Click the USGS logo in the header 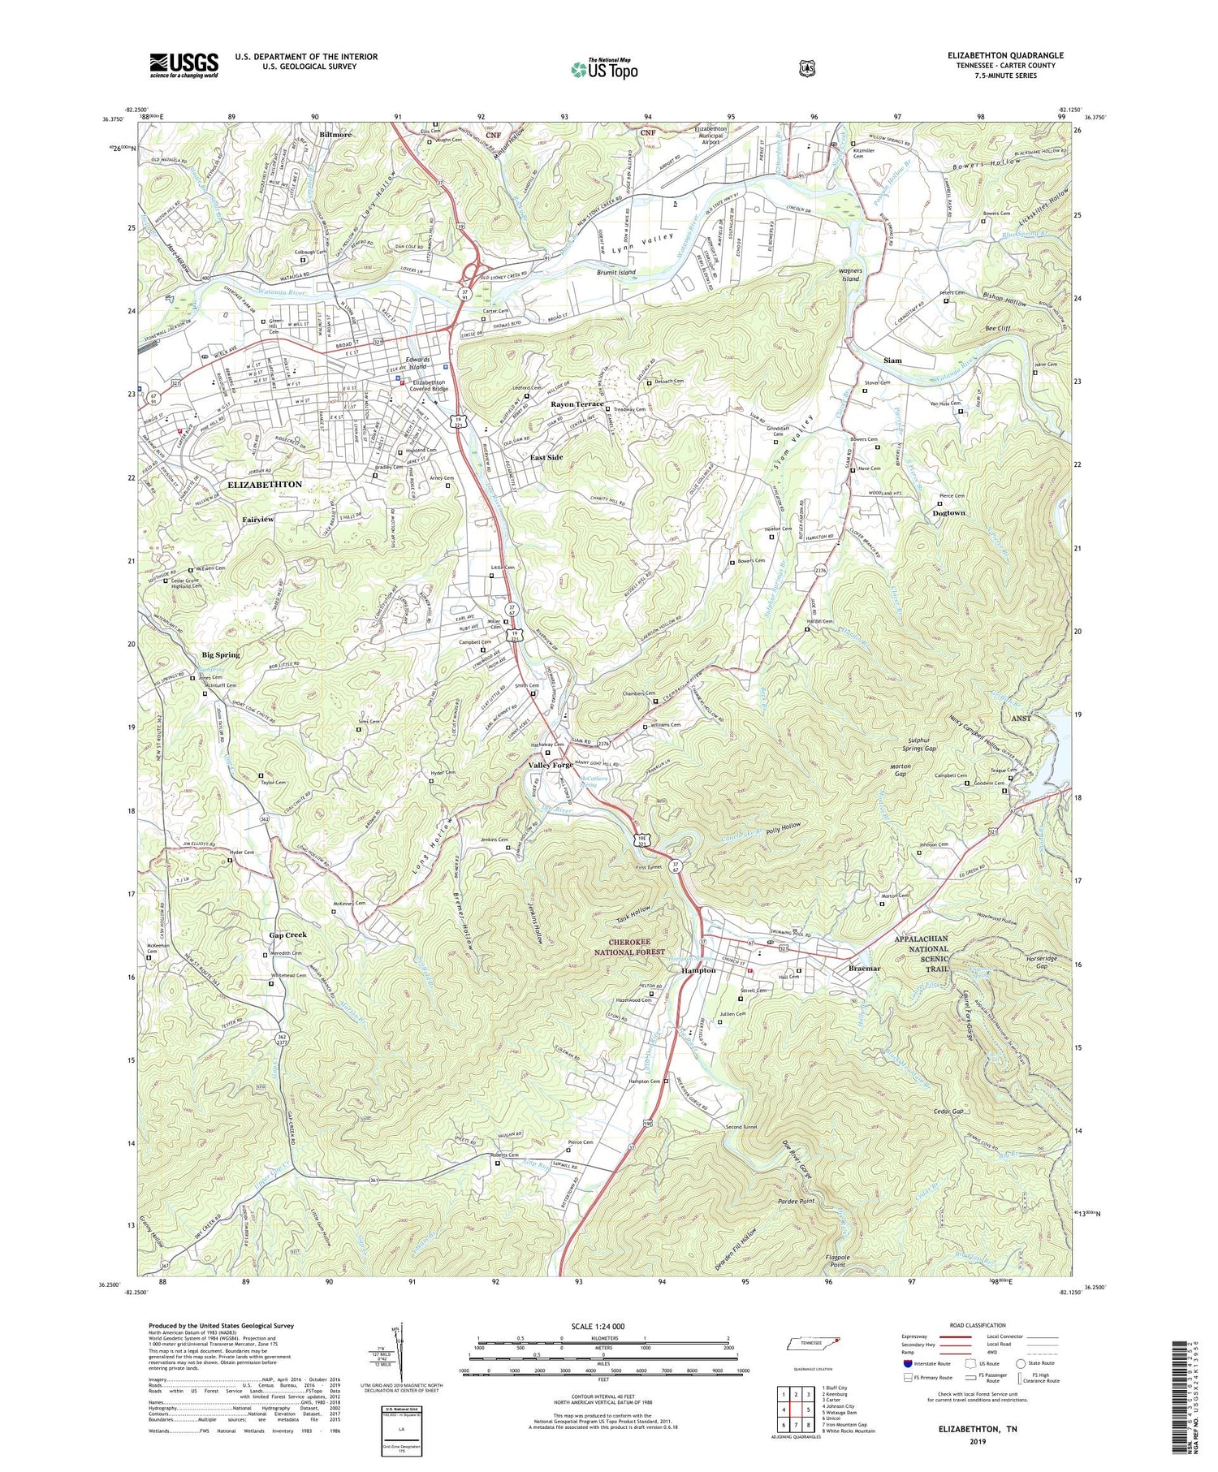coord(184,65)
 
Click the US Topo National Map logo coord(604,69)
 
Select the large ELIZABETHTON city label coord(265,485)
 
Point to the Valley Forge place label coord(556,765)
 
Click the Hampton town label coord(698,970)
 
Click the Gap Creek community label coord(287,935)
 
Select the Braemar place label coord(865,969)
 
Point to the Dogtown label coord(948,513)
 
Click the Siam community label coord(892,360)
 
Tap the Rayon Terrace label coord(577,404)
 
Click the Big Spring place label coord(221,654)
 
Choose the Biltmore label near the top coord(335,135)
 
